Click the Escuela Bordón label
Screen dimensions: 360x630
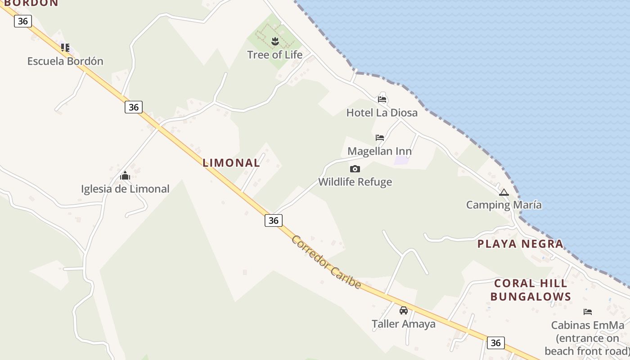coord(65,61)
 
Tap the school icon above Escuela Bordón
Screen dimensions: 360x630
coord(65,47)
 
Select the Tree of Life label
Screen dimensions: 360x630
coord(274,55)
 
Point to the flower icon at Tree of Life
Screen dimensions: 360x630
coord(275,42)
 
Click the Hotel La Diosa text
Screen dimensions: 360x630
coord(382,112)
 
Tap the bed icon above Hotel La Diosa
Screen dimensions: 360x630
coord(382,99)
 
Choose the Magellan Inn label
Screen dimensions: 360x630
coord(379,151)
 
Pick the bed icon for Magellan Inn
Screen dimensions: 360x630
coord(380,137)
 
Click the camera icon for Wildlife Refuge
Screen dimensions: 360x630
coord(355,169)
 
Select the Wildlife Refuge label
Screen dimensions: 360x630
coord(355,182)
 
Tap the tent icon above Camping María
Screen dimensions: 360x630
coord(504,192)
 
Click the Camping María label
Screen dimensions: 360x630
coord(504,205)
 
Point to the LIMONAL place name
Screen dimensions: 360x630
coord(231,163)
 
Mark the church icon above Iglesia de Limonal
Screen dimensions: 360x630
coord(125,175)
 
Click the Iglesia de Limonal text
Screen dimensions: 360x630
coord(125,189)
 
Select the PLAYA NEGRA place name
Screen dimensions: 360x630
coord(520,244)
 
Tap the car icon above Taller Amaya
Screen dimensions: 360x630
coord(404,310)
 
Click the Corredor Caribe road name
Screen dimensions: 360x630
coord(326,262)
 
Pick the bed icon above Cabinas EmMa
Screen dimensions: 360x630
coord(587,311)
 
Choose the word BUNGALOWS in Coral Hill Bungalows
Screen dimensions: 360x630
coord(531,297)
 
